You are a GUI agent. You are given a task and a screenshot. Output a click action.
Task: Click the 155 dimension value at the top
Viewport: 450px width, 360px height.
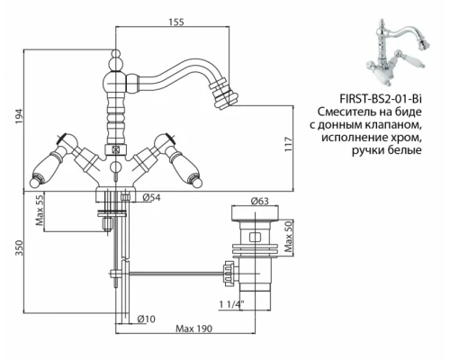(176, 22)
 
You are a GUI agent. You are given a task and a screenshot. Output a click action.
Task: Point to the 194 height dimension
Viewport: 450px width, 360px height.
(19, 117)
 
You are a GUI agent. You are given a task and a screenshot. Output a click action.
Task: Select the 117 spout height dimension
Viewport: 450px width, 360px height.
(288, 144)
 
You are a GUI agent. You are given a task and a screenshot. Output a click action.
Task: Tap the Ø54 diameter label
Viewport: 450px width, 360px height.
(151, 197)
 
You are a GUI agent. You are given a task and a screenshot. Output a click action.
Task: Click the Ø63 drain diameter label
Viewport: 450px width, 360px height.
(260, 201)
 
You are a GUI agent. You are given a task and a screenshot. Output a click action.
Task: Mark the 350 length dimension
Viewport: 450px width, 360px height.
(19, 247)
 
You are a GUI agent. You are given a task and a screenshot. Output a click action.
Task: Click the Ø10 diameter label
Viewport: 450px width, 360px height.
(147, 319)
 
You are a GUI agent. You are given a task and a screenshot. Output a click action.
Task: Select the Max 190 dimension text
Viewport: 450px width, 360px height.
(193, 328)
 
